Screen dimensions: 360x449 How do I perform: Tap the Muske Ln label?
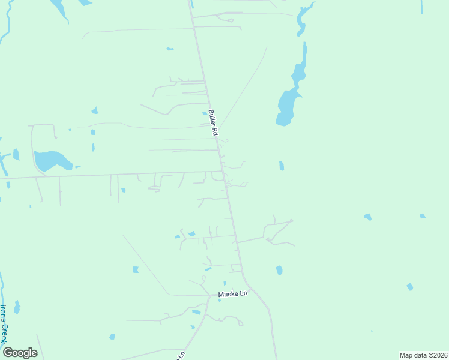pos(232,294)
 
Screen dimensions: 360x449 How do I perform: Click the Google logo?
pos(20,352)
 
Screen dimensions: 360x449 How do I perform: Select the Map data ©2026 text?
pos(423,355)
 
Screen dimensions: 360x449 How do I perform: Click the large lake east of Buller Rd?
pos(286,106)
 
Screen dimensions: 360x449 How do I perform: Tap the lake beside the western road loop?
pos(50,160)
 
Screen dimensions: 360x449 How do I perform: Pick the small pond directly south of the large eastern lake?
pos(282,166)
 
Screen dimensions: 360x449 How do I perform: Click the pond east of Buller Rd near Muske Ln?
pos(279,270)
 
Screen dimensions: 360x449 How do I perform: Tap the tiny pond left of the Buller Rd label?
pos(205,112)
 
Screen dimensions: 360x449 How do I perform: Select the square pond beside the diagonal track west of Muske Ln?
pos(136,269)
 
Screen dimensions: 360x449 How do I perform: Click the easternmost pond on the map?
pos(423,216)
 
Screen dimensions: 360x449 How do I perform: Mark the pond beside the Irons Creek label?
pos(17,308)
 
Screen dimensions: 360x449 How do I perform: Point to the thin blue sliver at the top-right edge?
pos(421,6)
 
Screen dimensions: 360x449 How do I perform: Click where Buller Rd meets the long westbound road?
pos(223,172)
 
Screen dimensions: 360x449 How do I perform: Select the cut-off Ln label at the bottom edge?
pos(181,356)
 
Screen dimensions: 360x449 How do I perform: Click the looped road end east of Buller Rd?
pos(292,221)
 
